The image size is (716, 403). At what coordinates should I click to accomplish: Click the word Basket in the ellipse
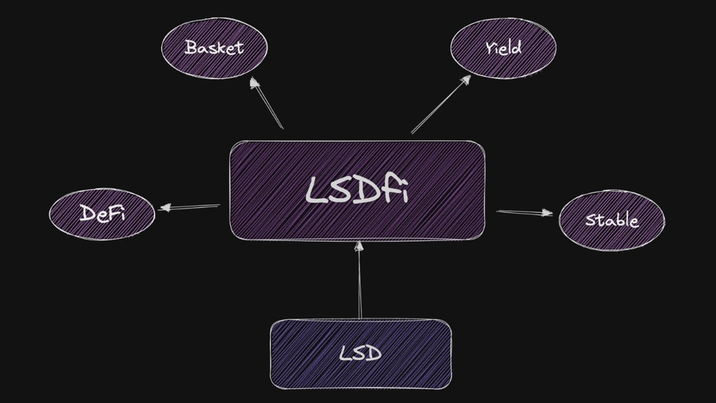pos(214,48)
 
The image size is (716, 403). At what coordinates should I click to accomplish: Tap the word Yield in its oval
pos(503,48)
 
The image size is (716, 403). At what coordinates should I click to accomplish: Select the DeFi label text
pos(102,214)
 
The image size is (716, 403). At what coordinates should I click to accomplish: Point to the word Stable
pos(612,220)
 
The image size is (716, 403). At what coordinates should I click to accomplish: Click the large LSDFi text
pos(357,189)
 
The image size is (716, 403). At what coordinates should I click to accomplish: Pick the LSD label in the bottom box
pos(360,354)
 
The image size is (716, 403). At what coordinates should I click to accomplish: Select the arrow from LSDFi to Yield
pos(440,104)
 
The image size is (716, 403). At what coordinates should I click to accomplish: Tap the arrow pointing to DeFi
pos(189,207)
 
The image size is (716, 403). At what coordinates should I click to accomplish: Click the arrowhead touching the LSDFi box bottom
pos(359,247)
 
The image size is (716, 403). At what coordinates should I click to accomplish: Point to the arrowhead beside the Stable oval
pos(545,213)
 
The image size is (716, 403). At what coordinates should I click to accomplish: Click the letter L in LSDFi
pos(315,190)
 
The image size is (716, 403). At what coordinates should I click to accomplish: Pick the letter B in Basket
pos(192,47)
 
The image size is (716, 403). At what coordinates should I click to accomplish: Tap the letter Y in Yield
pos(489,48)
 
